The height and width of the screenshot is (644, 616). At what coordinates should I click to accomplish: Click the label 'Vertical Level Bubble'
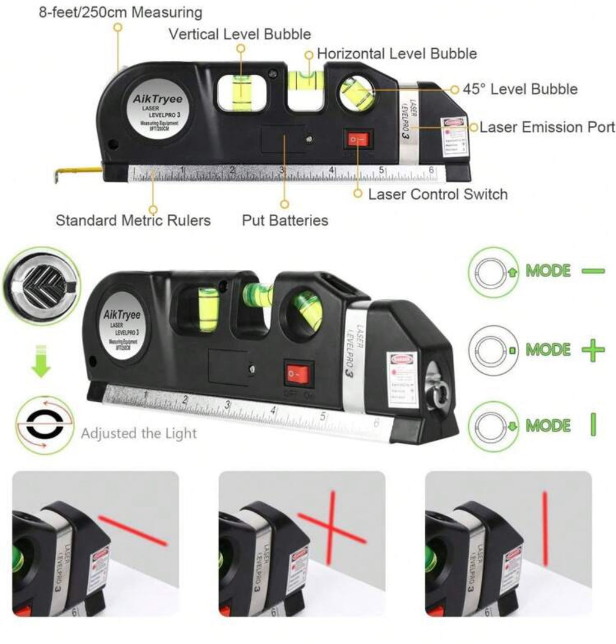[x=239, y=34]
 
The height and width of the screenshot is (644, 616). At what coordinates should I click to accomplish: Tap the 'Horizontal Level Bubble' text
[x=397, y=54]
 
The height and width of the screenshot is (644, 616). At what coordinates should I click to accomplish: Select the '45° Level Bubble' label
[x=520, y=89]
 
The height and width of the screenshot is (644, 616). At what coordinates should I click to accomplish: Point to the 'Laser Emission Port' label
[x=547, y=127]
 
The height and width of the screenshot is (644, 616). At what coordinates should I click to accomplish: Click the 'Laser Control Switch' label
[x=437, y=194]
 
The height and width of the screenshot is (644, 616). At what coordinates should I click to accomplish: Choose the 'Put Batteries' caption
[x=285, y=220]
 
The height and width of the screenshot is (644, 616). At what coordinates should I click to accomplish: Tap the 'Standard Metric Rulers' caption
[x=133, y=220]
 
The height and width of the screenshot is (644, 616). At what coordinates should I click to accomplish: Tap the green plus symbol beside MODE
[x=593, y=349]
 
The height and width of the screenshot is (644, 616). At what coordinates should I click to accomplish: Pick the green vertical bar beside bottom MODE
[x=593, y=425]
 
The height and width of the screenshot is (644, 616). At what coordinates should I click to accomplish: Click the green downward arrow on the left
[x=41, y=360]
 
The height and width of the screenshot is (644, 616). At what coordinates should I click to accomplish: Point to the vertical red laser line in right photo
[x=545, y=528]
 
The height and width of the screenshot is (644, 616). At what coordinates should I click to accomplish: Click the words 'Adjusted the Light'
[x=138, y=433]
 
